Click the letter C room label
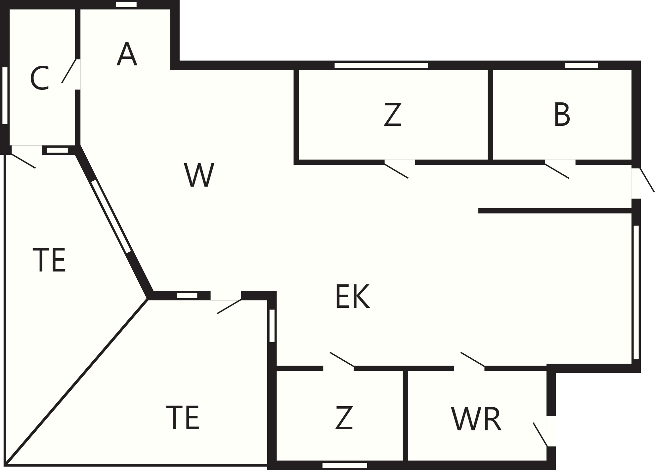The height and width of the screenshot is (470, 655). [x=40, y=78]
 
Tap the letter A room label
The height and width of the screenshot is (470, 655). [x=127, y=54]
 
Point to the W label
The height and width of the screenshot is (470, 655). [x=199, y=175]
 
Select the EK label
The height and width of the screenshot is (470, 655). [x=352, y=296]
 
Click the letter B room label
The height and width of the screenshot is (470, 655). [x=562, y=115]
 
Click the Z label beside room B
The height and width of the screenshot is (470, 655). [x=393, y=114]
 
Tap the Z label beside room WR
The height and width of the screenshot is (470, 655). [x=344, y=418]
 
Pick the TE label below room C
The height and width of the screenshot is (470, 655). [x=49, y=260]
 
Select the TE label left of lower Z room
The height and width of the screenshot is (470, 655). [x=183, y=417]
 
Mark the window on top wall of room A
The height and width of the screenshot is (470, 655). [x=126, y=5]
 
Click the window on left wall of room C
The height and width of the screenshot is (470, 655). [x=5, y=95]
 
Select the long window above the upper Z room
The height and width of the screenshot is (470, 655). [x=381, y=65]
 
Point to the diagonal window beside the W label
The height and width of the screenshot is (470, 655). [x=111, y=216]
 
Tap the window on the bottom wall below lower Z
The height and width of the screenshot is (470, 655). [x=345, y=465]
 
